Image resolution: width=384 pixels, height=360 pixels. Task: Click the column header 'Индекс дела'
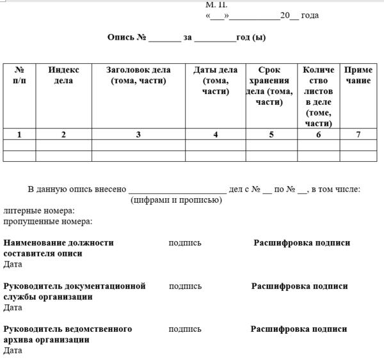63,75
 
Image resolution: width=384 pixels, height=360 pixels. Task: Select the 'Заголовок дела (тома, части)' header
138,75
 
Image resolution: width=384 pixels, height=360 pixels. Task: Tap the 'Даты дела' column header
215,81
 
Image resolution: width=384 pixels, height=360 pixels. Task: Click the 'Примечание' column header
358,75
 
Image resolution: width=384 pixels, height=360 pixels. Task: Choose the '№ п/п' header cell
19,75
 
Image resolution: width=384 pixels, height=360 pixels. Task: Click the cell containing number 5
271,134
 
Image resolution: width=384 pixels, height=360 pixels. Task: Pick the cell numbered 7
358,134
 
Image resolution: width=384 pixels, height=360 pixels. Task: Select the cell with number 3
138,134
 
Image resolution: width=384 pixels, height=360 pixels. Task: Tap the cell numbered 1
19,134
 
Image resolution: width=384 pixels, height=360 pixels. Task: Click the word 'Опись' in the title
121,38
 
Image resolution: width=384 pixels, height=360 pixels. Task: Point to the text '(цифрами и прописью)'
176,200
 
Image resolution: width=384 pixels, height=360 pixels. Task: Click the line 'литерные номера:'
39,210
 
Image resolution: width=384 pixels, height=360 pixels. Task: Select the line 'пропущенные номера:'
48,221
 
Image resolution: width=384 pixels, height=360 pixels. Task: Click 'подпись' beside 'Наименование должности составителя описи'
185,243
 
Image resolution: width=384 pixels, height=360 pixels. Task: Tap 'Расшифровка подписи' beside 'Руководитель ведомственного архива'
299,329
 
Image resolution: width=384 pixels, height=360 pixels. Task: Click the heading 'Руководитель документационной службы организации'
74,291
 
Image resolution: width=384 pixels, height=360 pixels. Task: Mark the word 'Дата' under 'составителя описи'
13,264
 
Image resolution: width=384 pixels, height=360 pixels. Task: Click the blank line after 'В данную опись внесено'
177,190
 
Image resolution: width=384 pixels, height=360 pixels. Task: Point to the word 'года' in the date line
309,15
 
